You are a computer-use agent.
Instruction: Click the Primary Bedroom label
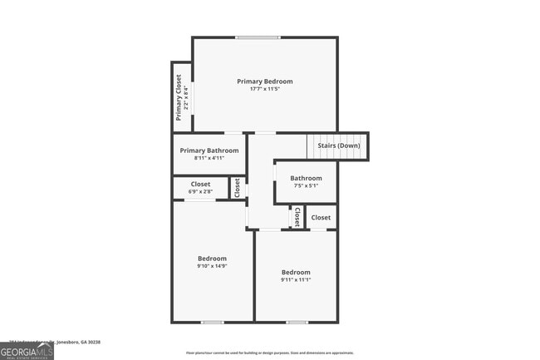[264, 81]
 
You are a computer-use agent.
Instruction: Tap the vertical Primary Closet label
[179, 96]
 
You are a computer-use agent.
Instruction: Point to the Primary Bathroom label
[209, 150]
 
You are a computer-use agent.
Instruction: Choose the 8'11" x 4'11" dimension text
[209, 158]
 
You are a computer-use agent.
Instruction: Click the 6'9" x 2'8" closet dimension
[200, 192]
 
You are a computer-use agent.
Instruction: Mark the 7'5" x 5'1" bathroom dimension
[305, 185]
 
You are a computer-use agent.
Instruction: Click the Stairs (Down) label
[339, 145]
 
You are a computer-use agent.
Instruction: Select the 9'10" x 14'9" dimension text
[212, 266]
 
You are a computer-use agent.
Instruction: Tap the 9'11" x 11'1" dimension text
[295, 280]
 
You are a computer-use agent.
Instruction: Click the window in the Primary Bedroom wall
[257, 37]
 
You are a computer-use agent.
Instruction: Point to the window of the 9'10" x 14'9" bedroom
[212, 322]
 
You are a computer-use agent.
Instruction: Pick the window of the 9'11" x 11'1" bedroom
[297, 322]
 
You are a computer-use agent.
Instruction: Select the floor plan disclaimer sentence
[269, 353]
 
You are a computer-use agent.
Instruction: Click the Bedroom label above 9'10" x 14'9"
[212, 258]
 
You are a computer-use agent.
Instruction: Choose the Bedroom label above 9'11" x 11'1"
[295, 272]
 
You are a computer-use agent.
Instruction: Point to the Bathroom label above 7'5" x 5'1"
[305, 178]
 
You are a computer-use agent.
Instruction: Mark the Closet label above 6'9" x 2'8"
[200, 184]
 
